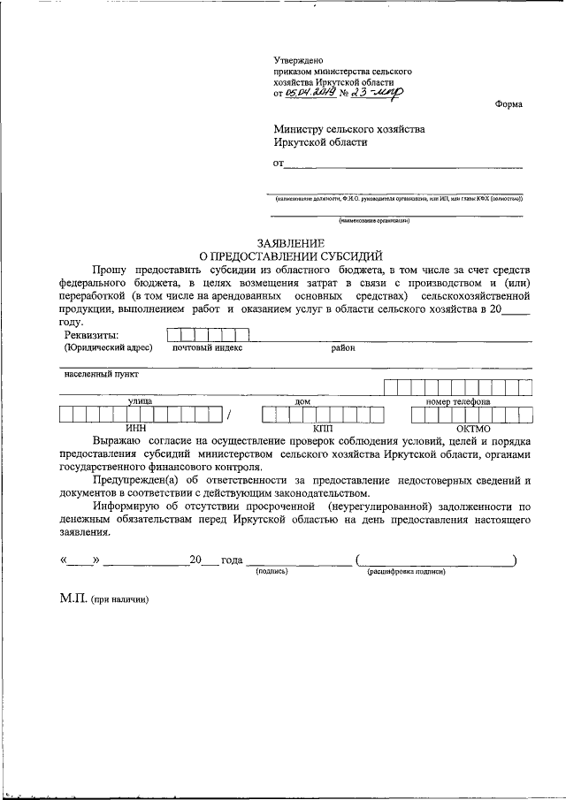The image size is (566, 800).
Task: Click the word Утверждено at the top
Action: [x=297, y=59]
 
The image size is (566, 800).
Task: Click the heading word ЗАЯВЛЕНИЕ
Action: [x=290, y=243]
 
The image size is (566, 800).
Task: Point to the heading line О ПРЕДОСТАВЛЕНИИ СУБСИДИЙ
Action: [x=289, y=255]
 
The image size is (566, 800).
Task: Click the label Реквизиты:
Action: [x=92, y=335]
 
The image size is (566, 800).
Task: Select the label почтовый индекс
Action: [x=207, y=347]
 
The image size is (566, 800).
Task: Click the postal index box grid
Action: [x=208, y=334]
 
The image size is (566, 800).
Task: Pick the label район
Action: [x=343, y=347]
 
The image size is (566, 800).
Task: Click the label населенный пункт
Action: [x=102, y=374]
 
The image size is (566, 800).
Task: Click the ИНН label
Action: [x=135, y=427]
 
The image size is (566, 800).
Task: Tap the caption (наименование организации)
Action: [x=374, y=220]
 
